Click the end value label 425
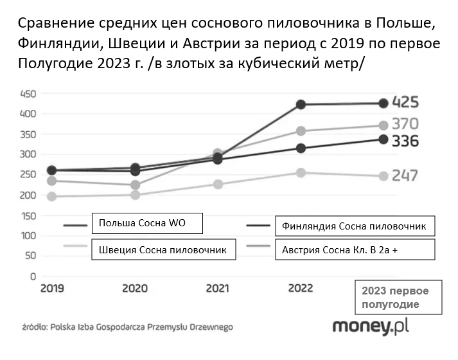[405, 103]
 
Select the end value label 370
[405, 124]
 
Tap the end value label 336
[405, 141]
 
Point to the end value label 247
[405, 175]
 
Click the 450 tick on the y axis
[28, 93]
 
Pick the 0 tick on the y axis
[32, 276]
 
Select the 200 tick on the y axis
[28, 195]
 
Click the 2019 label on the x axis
[51, 289]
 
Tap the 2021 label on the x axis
[217, 289]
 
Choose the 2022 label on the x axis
[300, 289]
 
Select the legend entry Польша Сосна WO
[147, 224]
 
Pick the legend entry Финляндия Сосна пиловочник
[355, 226]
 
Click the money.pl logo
[370, 327]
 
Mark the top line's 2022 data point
[300, 104]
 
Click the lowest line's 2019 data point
[51, 196]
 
